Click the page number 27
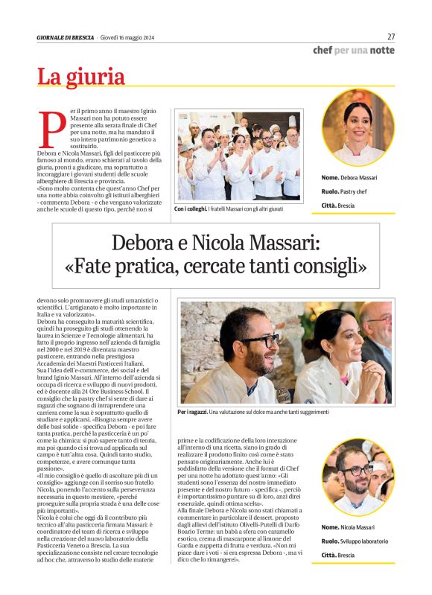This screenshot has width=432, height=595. tap(390, 36)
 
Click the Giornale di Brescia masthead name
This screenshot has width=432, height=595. tap(66, 38)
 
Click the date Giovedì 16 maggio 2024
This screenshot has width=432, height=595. tap(127, 38)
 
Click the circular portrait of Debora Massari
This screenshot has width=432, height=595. tap(358, 127)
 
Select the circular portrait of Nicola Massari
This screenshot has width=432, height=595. tap(358, 477)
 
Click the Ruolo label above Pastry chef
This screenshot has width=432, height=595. tap(330, 191)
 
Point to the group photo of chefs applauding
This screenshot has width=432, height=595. tap(238, 156)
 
